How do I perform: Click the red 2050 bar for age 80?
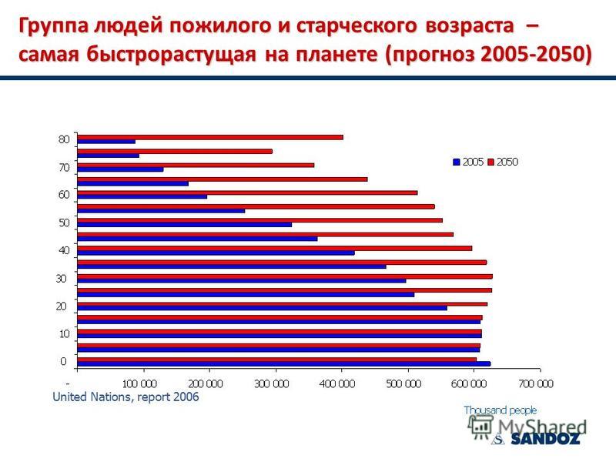tap(210, 137)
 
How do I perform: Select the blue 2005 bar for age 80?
tap(106, 142)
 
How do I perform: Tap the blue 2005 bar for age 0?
tap(284, 363)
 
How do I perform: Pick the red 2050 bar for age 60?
tap(247, 192)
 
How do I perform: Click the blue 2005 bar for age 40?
tap(216, 253)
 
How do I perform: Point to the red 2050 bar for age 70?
tap(196, 165)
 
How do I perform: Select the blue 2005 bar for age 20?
tap(263, 308)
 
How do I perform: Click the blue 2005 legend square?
tap(457, 162)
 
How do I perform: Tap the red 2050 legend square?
tap(490, 162)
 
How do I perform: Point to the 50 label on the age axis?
tap(64, 223)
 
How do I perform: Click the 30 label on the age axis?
tap(62, 279)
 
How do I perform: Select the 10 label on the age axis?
tap(65, 334)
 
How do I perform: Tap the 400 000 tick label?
tap(337, 383)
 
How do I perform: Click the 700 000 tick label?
tap(536, 383)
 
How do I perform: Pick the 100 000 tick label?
tap(139, 383)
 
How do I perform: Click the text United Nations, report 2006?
tap(126, 397)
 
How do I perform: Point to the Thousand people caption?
tap(500, 410)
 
